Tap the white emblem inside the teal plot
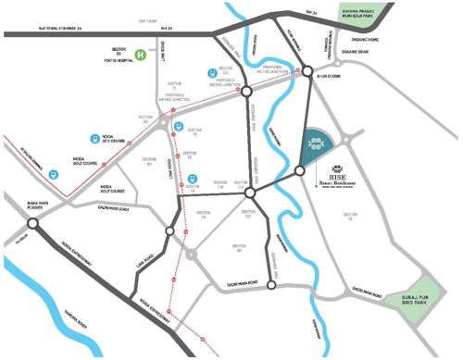coord(316,143)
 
